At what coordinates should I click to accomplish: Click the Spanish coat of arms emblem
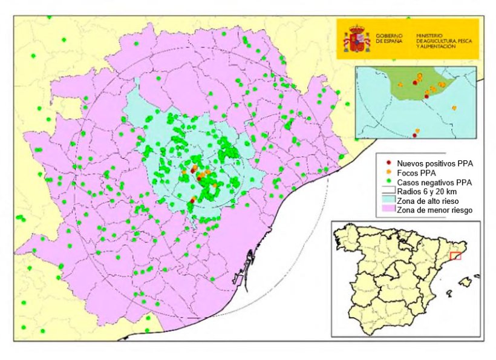tap(357, 39)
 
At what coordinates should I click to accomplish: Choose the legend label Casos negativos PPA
tap(434, 182)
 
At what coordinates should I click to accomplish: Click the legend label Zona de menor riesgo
tap(434, 210)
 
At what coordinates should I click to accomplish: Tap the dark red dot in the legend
tap(387, 163)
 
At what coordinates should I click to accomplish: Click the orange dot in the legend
tap(387, 172)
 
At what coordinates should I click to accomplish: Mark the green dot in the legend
tap(387, 182)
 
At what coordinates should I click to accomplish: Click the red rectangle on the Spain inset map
tap(455, 256)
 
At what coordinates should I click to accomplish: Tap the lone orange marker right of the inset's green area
tap(454, 108)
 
